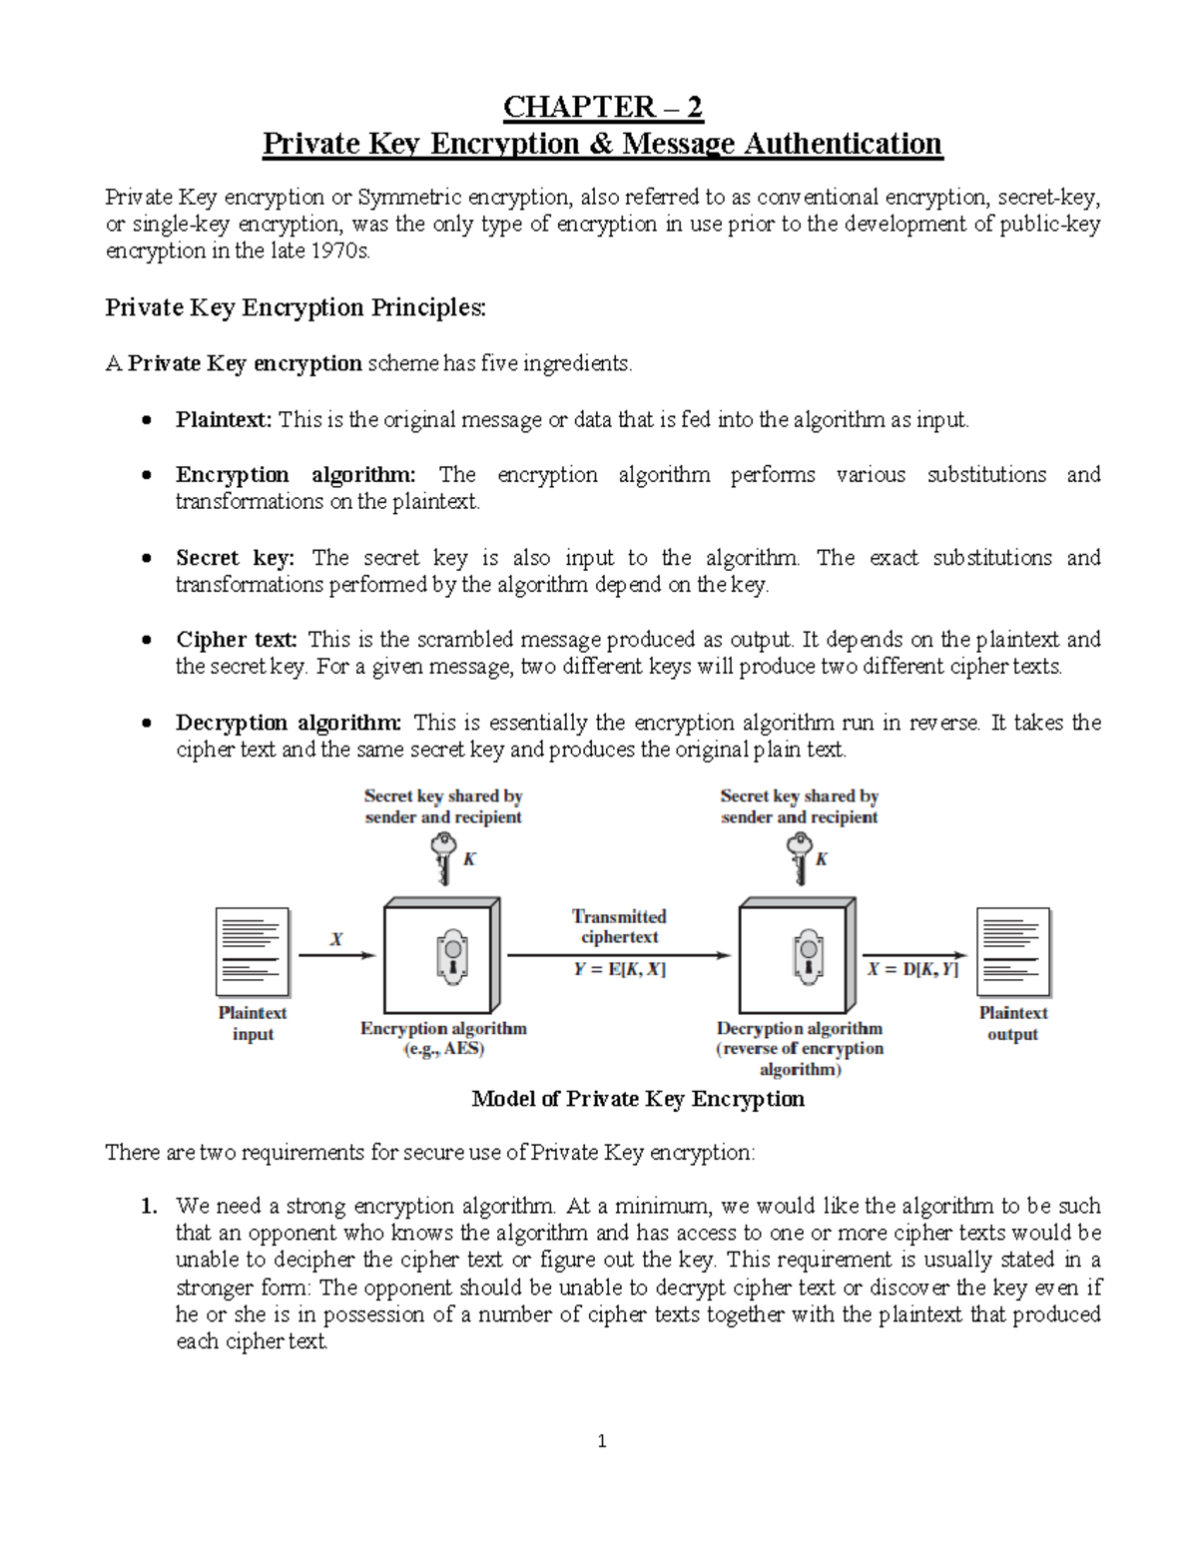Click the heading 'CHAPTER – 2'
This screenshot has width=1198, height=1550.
click(x=602, y=107)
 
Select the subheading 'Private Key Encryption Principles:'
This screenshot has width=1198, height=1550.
click(x=296, y=307)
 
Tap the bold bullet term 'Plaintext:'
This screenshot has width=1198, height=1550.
click(x=224, y=420)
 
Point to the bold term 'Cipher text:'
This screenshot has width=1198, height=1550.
click(x=237, y=640)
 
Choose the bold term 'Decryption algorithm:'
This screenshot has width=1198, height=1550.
click(x=289, y=723)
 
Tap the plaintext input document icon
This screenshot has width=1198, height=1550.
click(x=253, y=952)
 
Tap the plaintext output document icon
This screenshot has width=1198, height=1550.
click(x=1012, y=952)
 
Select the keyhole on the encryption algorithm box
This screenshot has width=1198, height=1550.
click(x=452, y=956)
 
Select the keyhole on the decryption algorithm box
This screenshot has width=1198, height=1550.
click(x=808, y=956)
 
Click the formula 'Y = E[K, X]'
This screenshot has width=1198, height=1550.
click(x=619, y=969)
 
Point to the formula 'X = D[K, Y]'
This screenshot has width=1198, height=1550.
click(x=912, y=969)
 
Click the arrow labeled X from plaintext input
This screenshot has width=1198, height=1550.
click(x=336, y=955)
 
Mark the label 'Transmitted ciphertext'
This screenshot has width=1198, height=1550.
click(x=619, y=926)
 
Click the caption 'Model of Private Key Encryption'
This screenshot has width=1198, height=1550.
click(x=637, y=1100)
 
